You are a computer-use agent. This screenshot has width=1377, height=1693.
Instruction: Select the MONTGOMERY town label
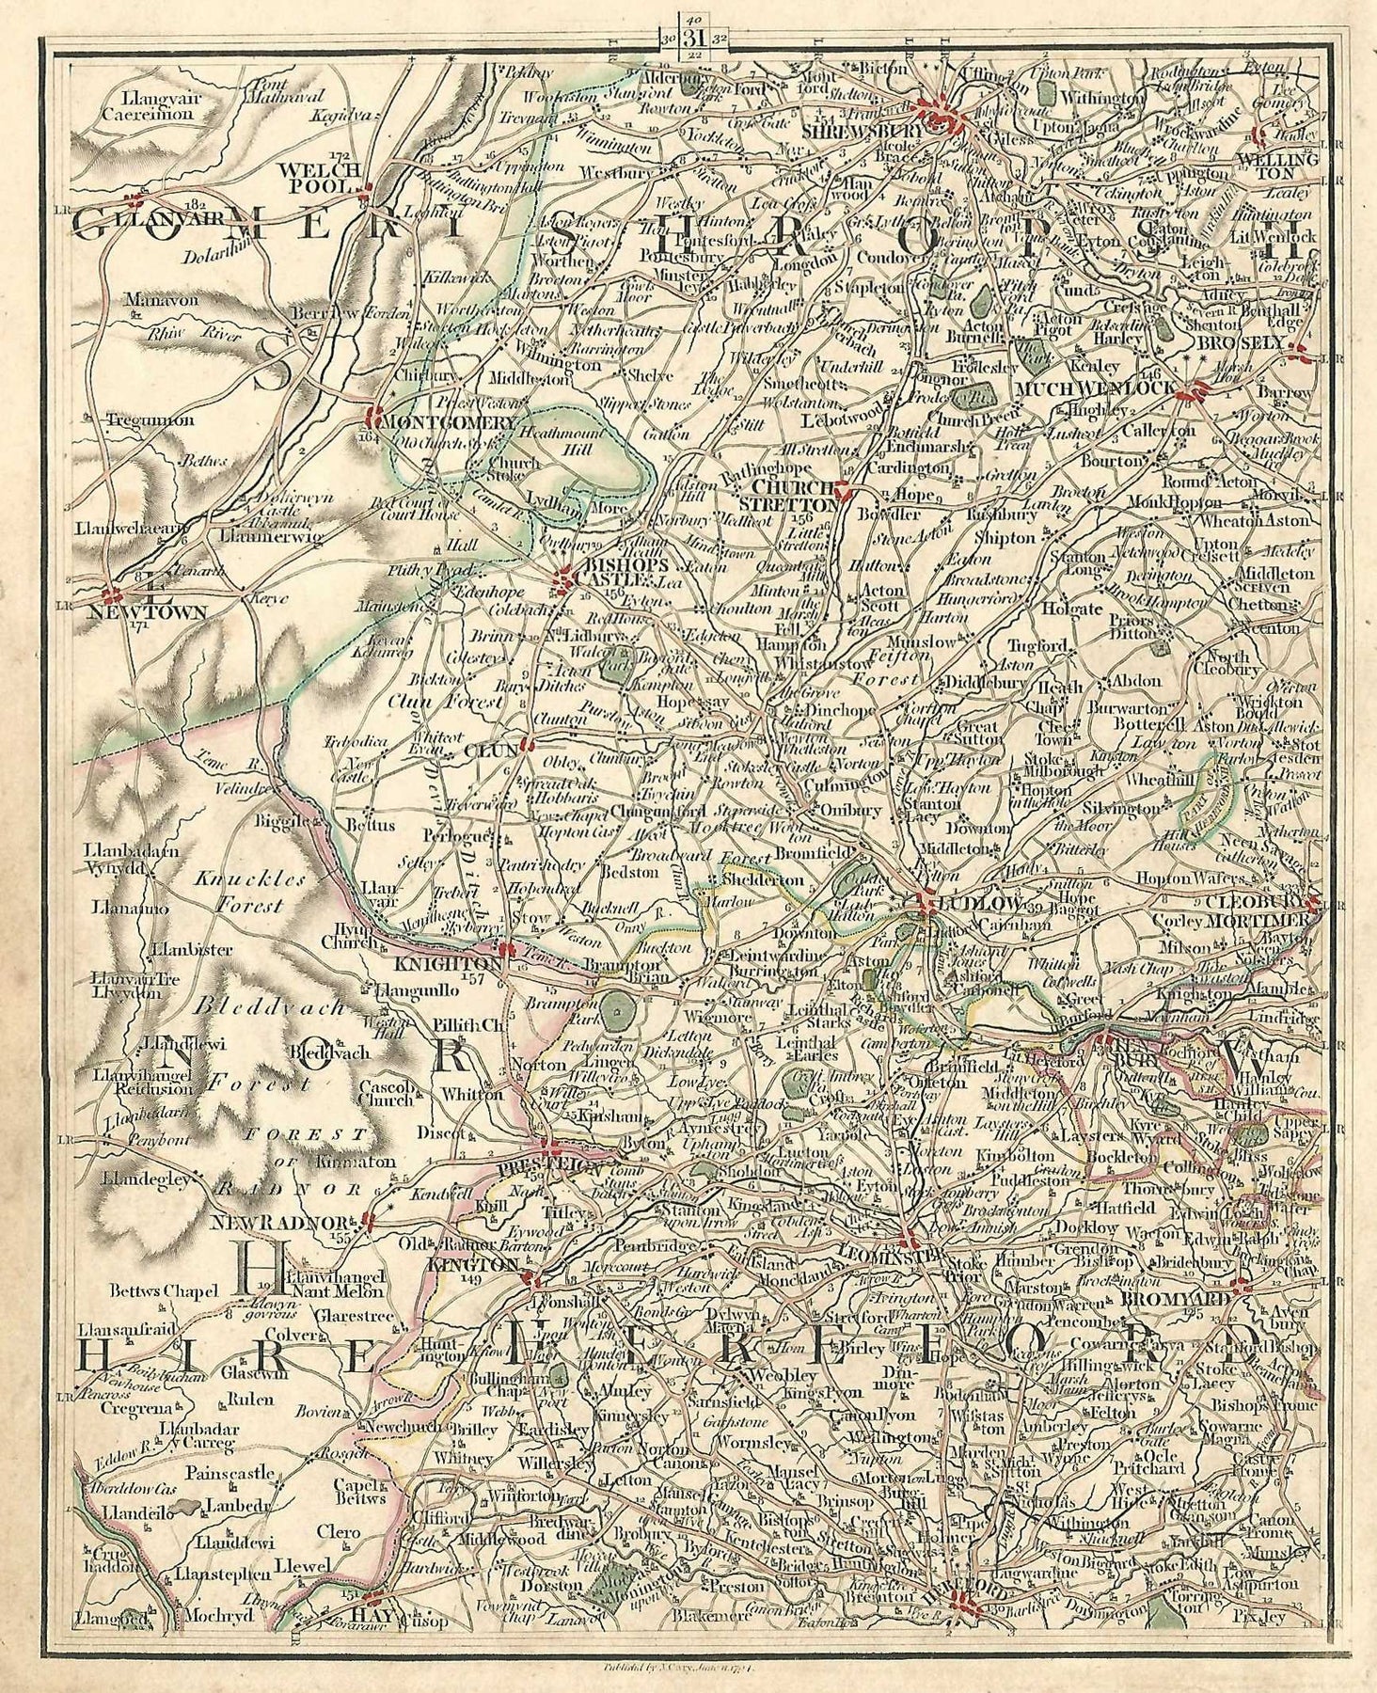click(447, 422)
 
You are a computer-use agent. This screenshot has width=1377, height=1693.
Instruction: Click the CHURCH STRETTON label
click(795, 496)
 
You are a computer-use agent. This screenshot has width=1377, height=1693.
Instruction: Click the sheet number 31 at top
click(695, 38)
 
